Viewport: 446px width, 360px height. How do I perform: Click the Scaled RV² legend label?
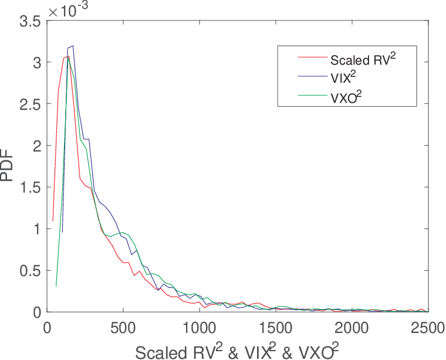click(x=363, y=59)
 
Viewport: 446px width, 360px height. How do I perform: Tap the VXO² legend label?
click(x=346, y=97)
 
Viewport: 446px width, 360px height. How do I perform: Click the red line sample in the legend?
click(x=313, y=57)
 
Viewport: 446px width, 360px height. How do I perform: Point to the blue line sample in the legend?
click(x=313, y=76)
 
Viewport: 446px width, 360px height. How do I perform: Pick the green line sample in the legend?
click(x=313, y=95)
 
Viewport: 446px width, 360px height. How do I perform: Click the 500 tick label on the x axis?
click(x=123, y=328)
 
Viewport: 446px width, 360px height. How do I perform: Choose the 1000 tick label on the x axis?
click(x=200, y=328)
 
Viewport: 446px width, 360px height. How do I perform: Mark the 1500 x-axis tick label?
click(x=276, y=328)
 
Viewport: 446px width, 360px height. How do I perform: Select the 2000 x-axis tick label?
click(x=352, y=328)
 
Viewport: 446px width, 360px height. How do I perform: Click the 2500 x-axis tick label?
click(x=428, y=328)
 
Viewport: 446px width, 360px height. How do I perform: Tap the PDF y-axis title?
click(x=7, y=166)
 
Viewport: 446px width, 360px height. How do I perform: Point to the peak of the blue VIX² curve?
click(x=73, y=46)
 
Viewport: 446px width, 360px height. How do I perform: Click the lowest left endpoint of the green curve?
click(x=56, y=286)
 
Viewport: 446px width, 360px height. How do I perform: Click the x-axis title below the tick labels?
click(x=237, y=351)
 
